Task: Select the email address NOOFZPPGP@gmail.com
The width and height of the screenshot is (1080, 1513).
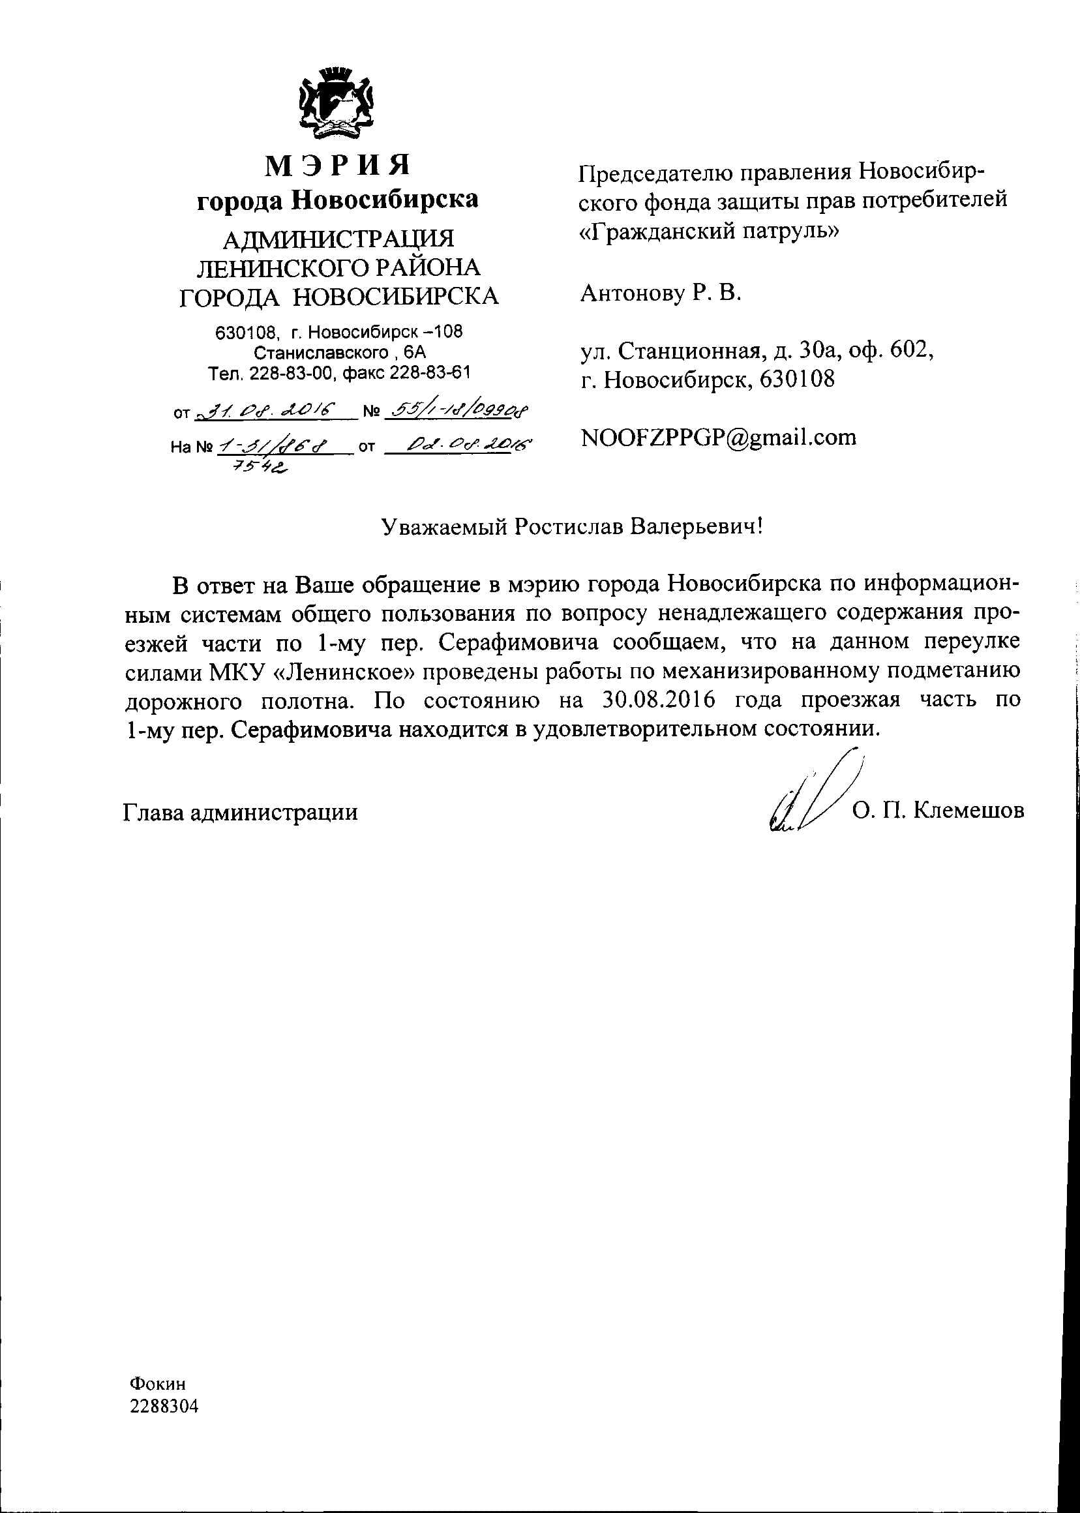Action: (718, 438)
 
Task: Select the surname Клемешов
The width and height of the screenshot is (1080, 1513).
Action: (969, 810)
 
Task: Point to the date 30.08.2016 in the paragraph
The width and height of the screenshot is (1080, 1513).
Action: (657, 700)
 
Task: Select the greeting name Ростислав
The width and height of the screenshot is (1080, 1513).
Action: (567, 527)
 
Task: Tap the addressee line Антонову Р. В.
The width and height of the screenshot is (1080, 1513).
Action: (661, 293)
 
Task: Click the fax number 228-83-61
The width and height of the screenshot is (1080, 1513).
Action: (429, 372)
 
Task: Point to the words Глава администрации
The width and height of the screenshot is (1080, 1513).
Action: (240, 812)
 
